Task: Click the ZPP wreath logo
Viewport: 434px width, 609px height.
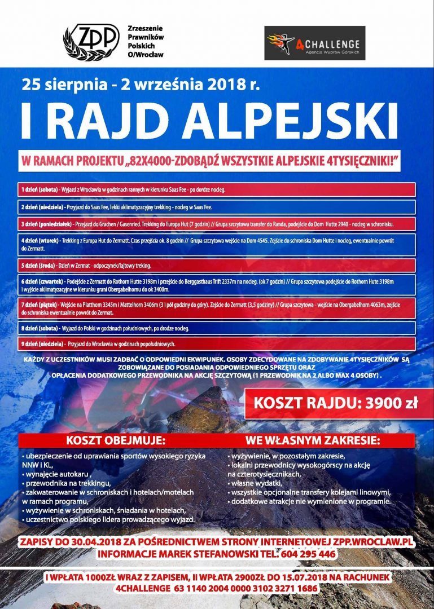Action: click(91, 41)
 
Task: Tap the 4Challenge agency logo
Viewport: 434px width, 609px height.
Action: click(314, 43)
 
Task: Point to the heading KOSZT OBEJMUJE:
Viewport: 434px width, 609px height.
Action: click(116, 440)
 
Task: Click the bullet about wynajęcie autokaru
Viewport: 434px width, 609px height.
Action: click(59, 474)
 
